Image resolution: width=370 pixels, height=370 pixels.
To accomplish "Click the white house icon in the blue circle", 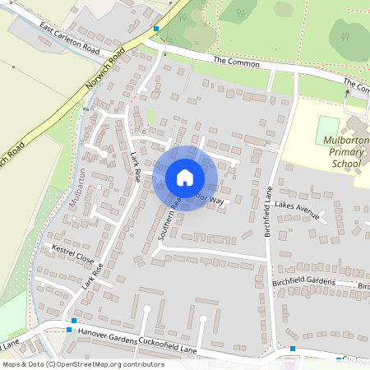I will (184, 178).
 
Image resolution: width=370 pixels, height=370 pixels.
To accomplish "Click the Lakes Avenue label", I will (296, 210).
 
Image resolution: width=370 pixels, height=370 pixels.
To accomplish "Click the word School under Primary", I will (346, 164).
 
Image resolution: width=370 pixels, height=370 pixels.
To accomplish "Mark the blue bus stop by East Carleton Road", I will (155, 28).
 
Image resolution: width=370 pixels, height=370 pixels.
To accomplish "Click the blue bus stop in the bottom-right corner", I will (293, 349).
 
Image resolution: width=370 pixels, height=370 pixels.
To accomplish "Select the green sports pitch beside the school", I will (328, 128).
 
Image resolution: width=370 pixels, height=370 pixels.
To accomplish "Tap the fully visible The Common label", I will (231, 62).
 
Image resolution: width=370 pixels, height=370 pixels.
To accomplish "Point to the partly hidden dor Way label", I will (212, 201).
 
